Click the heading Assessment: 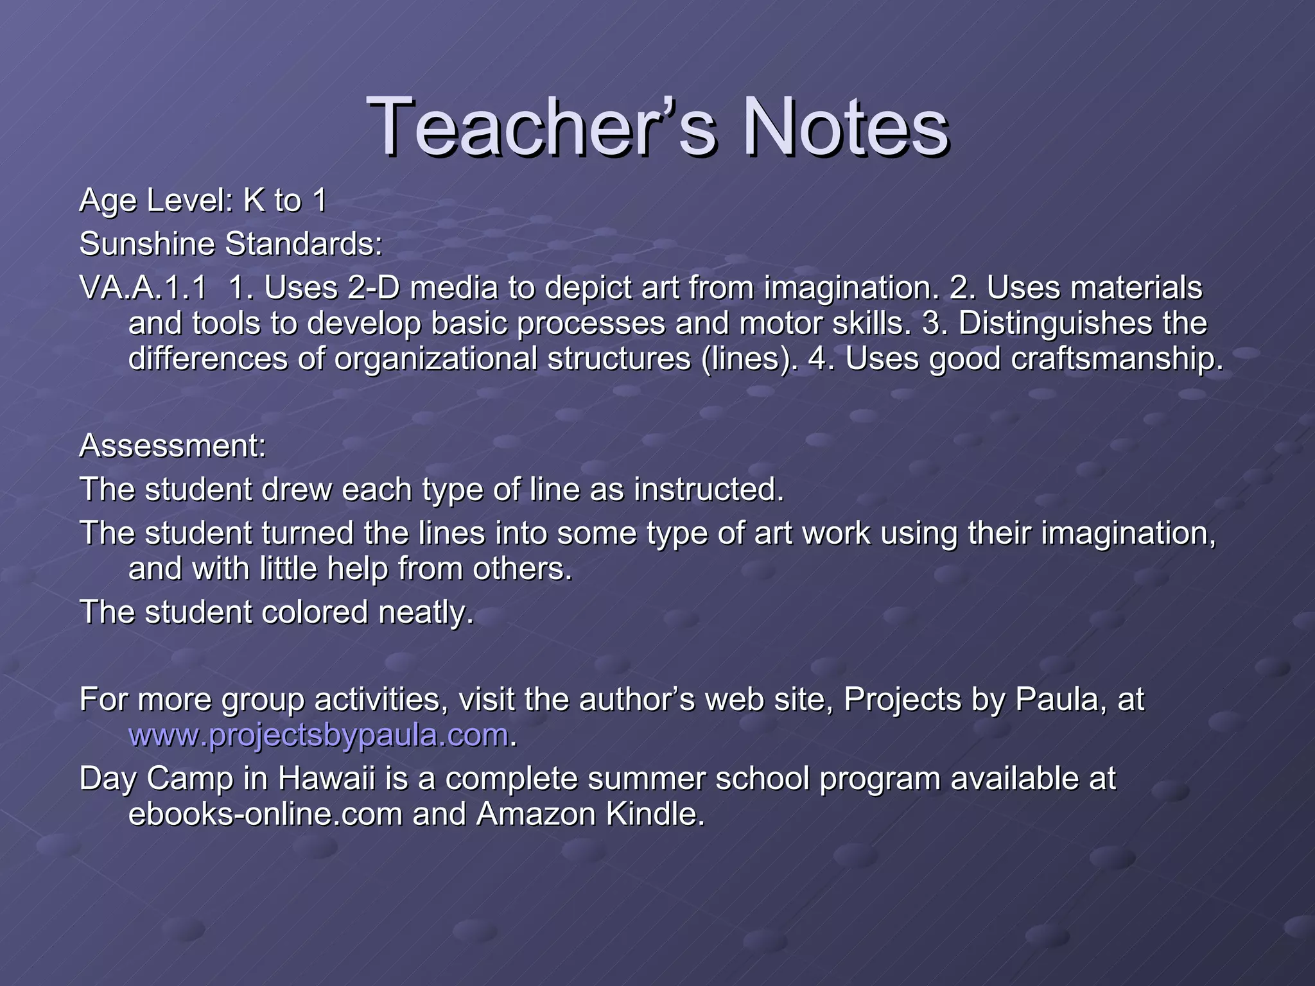tap(172, 445)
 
